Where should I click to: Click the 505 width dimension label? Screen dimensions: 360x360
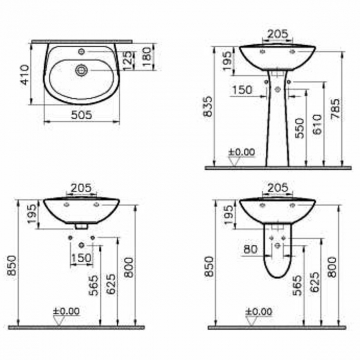[81, 115]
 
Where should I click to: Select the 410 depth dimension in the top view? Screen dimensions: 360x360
[25, 75]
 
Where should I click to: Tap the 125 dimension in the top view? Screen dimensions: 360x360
[129, 60]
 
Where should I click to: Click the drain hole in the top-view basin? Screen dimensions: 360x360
[81, 70]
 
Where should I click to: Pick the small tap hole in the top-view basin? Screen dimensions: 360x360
[81, 51]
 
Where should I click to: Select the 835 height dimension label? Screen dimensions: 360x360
[208, 106]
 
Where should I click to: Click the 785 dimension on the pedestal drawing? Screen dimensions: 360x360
[335, 109]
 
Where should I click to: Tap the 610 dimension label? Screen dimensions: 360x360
[317, 124]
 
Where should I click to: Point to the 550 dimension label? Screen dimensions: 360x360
[299, 128]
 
